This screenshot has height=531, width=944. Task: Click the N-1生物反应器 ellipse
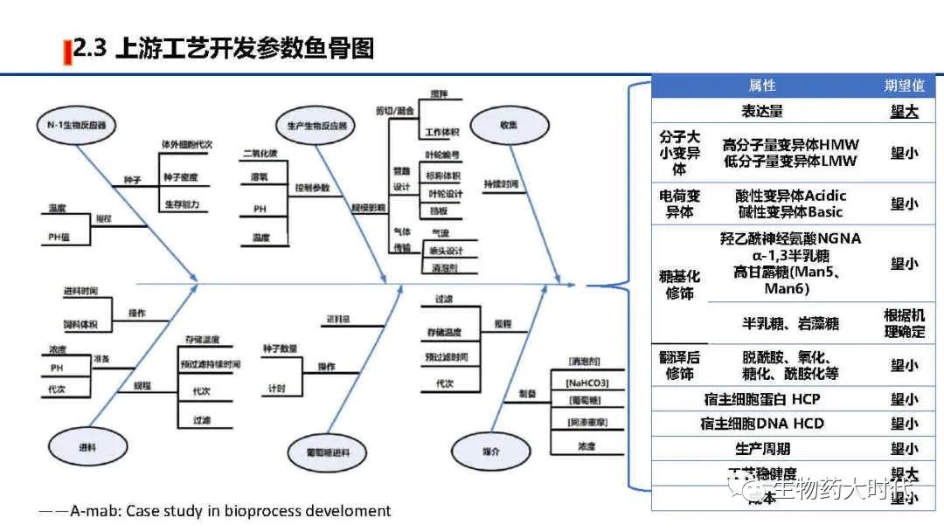(x=76, y=126)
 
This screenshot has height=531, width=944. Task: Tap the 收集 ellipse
(x=508, y=126)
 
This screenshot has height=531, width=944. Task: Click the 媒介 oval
(x=489, y=452)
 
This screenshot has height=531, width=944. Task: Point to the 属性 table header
(x=762, y=86)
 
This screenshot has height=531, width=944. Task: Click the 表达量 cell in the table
(x=762, y=111)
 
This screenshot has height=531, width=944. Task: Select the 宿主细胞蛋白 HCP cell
(x=762, y=399)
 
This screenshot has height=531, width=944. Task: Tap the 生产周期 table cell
(x=762, y=448)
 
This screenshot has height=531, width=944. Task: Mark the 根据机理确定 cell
(x=904, y=323)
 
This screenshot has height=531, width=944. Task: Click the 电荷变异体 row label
(x=679, y=203)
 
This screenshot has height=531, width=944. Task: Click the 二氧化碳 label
(x=260, y=154)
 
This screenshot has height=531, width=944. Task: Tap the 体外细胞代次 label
(x=186, y=144)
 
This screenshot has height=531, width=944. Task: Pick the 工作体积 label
(x=442, y=133)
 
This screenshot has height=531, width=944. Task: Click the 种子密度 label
(x=181, y=177)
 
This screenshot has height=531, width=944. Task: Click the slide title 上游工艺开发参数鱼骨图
(x=224, y=49)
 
